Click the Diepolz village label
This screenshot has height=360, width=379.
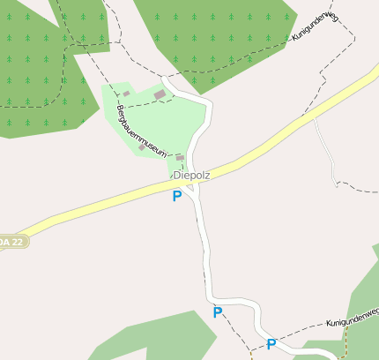[192, 175]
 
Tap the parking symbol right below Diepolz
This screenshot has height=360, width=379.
[177, 196]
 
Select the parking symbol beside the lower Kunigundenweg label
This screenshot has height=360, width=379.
[271, 344]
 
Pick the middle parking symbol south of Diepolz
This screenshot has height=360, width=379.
[218, 312]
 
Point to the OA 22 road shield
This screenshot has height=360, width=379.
[12, 241]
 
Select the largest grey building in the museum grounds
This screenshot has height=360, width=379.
[160, 94]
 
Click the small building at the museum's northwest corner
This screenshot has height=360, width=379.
[126, 94]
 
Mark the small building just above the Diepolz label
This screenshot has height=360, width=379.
[180, 157]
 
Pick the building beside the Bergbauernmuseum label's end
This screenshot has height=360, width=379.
[141, 148]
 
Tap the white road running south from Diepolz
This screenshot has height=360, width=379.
[204, 256]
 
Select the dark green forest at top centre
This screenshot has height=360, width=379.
[212, 35]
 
